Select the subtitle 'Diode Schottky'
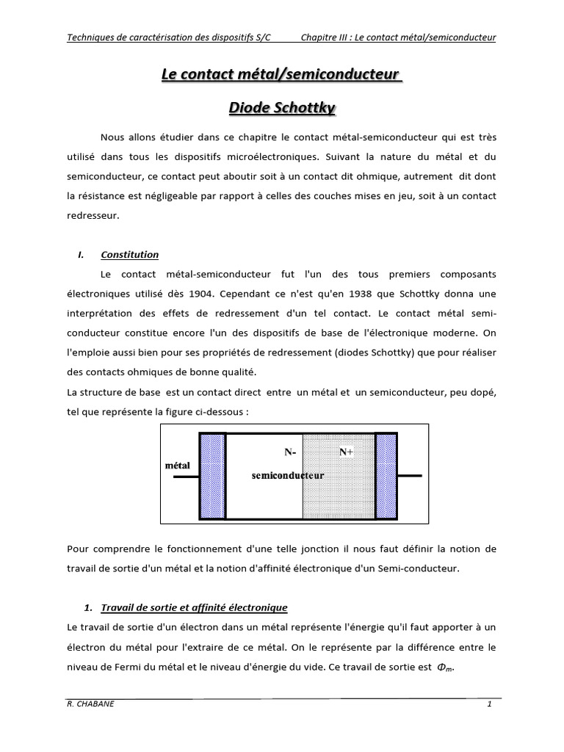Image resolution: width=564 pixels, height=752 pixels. click(282, 108)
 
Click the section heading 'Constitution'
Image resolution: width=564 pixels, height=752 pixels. click(129, 255)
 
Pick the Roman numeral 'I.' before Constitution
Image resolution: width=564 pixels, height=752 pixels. click(81, 255)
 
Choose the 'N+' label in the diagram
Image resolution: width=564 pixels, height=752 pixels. click(347, 452)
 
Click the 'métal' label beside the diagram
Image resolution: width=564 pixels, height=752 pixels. click(178, 466)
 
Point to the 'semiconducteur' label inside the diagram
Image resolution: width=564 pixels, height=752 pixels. click(288, 475)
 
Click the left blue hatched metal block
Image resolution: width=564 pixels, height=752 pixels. click(212, 476)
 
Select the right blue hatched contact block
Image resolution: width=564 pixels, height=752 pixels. click(386, 476)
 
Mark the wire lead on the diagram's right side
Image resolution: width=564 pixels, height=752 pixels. click(409, 476)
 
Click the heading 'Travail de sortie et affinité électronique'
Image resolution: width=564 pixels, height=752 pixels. click(194, 608)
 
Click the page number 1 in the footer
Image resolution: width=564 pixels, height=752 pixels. click(488, 704)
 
